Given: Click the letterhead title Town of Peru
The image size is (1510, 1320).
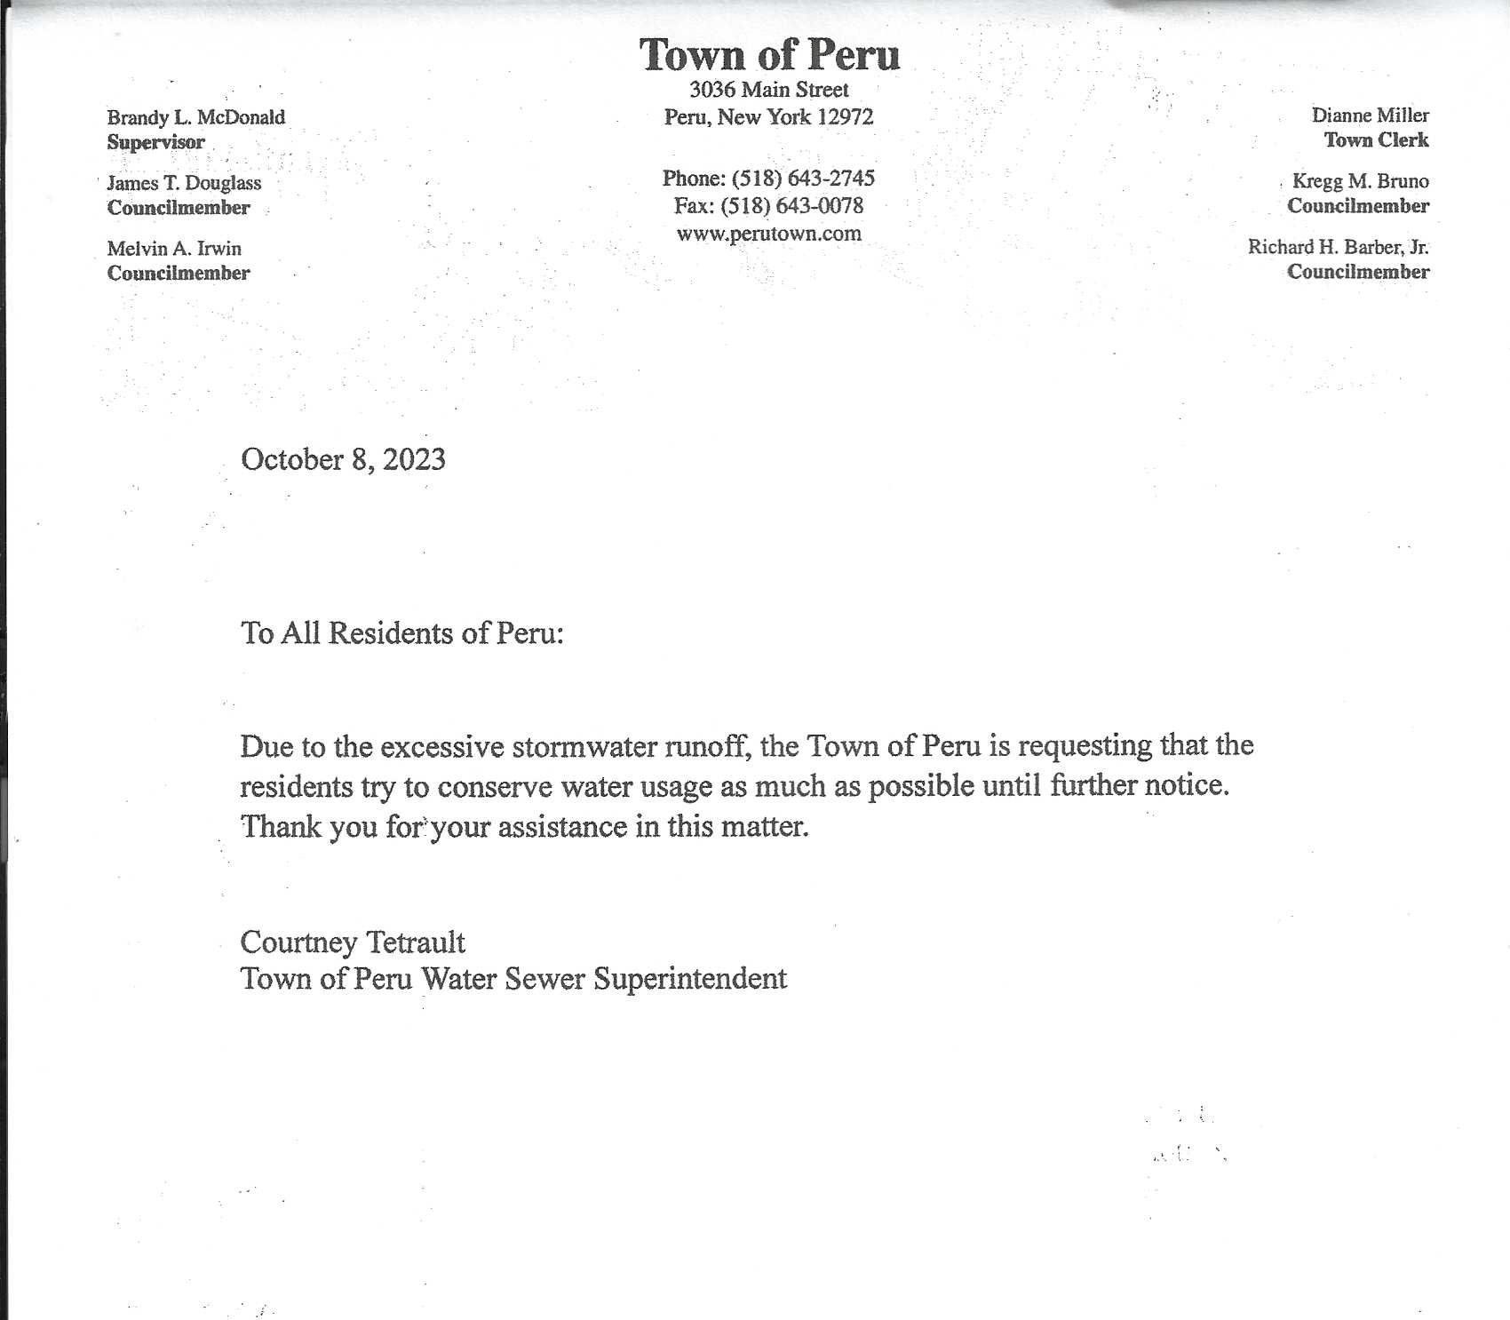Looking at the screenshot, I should (x=769, y=55).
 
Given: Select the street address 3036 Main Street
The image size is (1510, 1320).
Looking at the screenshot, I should (x=769, y=90).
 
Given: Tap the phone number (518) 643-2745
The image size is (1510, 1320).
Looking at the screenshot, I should (x=803, y=179).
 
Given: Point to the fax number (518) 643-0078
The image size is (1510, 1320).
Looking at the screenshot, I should (x=791, y=206).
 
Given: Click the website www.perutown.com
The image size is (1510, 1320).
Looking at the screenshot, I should (x=769, y=234).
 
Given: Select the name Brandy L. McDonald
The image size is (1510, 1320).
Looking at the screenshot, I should (x=196, y=117).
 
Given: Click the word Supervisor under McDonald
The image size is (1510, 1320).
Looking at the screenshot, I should (x=156, y=142).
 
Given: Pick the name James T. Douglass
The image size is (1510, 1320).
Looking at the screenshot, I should (x=184, y=183).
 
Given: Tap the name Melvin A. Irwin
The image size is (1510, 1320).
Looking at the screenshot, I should (x=174, y=249).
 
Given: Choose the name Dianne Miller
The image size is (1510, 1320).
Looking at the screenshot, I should (x=1370, y=115).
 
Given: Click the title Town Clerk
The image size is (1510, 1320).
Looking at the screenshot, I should (x=1376, y=140).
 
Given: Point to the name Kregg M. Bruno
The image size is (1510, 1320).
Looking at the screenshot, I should (x=1360, y=181).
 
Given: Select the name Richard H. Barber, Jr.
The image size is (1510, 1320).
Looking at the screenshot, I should (x=1338, y=247).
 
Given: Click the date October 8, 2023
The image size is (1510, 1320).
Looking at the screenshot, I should (x=343, y=459).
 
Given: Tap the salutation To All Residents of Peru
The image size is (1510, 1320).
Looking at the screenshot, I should (x=401, y=633).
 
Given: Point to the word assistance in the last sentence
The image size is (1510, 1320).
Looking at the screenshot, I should (x=562, y=828).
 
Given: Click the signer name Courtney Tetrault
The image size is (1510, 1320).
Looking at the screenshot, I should (x=353, y=942).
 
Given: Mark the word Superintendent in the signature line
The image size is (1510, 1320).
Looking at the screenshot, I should (x=690, y=979).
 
